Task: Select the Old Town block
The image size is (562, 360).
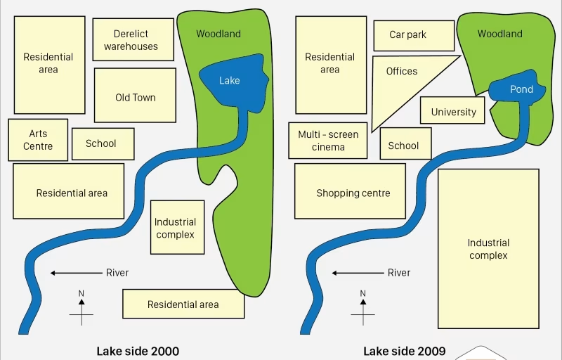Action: point(135,98)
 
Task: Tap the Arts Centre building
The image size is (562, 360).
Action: point(38,140)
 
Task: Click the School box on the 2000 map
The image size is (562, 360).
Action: point(100,143)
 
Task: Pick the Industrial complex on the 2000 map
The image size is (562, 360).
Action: point(177,227)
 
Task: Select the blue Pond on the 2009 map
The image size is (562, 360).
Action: point(520,90)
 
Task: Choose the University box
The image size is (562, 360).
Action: point(453,112)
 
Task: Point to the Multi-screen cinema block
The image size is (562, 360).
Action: point(328,141)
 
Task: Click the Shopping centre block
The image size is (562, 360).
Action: point(350,192)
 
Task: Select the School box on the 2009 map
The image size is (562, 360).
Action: point(403,145)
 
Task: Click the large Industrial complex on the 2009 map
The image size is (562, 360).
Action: point(488,249)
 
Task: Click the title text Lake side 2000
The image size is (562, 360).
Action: point(138,351)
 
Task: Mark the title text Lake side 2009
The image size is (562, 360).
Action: point(405,351)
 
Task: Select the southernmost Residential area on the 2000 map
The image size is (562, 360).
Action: point(183,304)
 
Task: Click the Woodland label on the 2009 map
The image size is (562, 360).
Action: point(499,34)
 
